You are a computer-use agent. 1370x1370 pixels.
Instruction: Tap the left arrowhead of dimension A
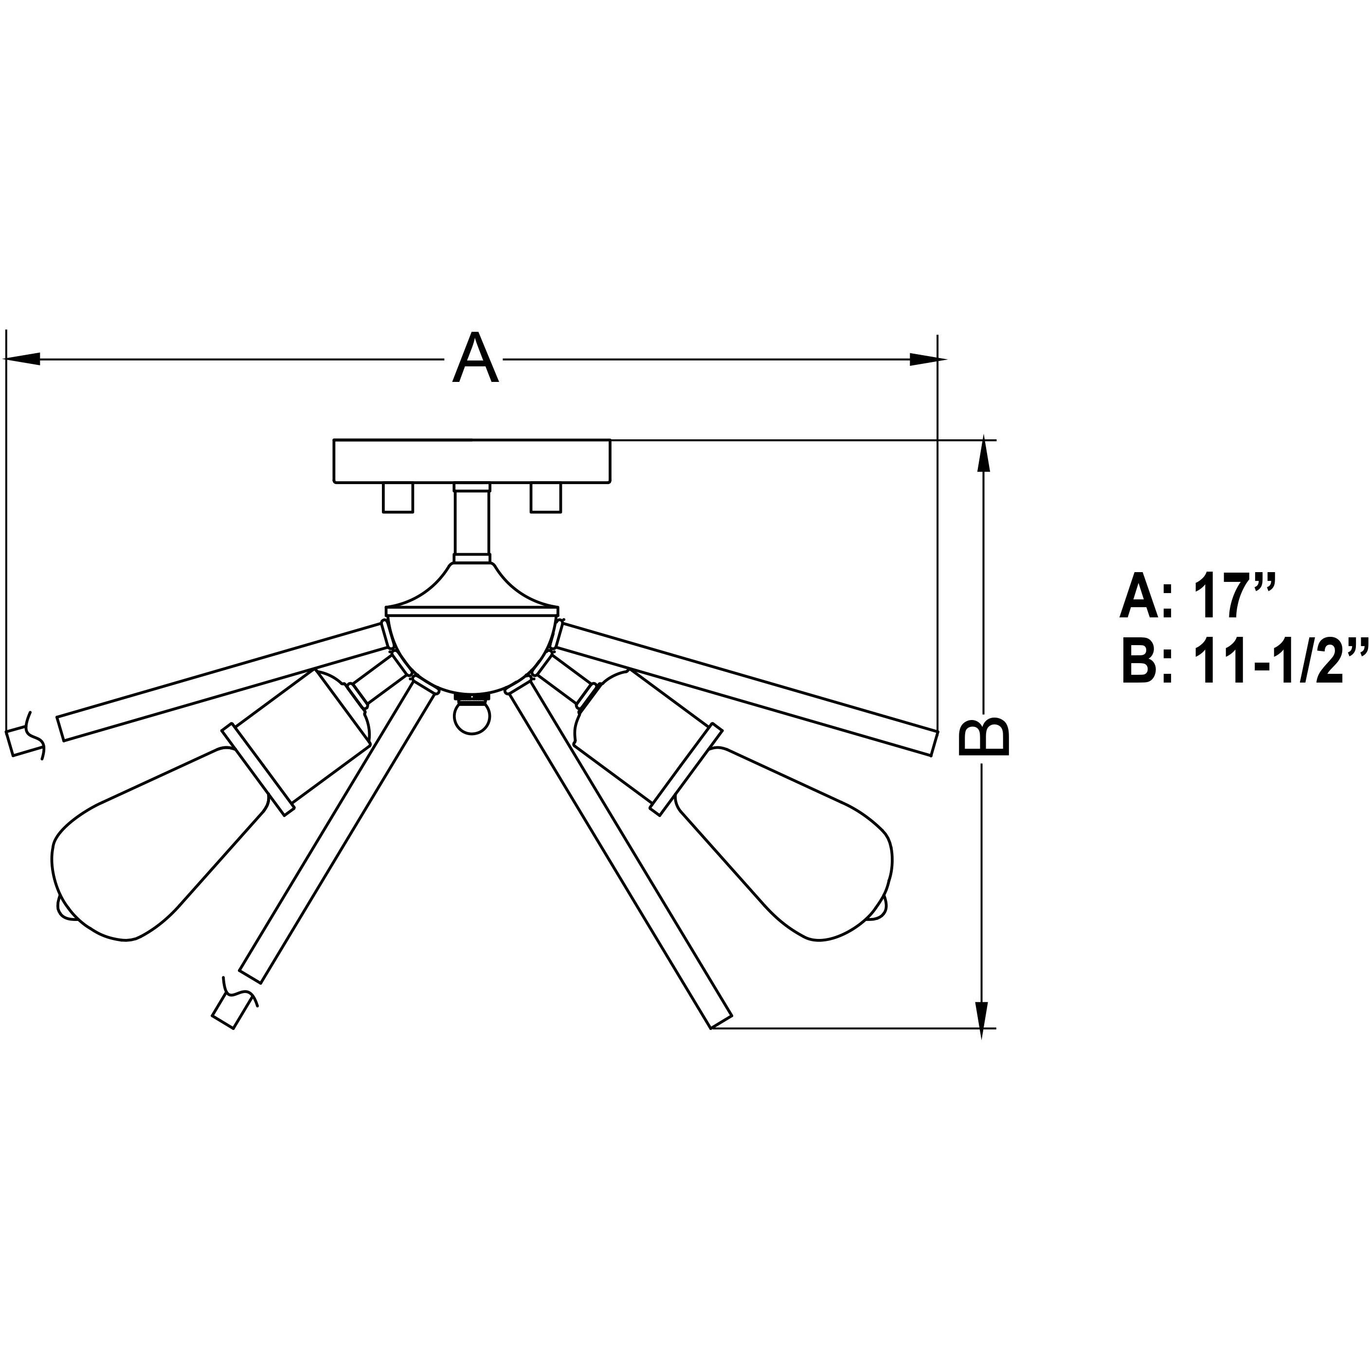21,360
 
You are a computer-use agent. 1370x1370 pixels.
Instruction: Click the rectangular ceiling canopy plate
471,461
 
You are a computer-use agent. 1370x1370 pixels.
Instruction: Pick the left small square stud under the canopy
398,497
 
